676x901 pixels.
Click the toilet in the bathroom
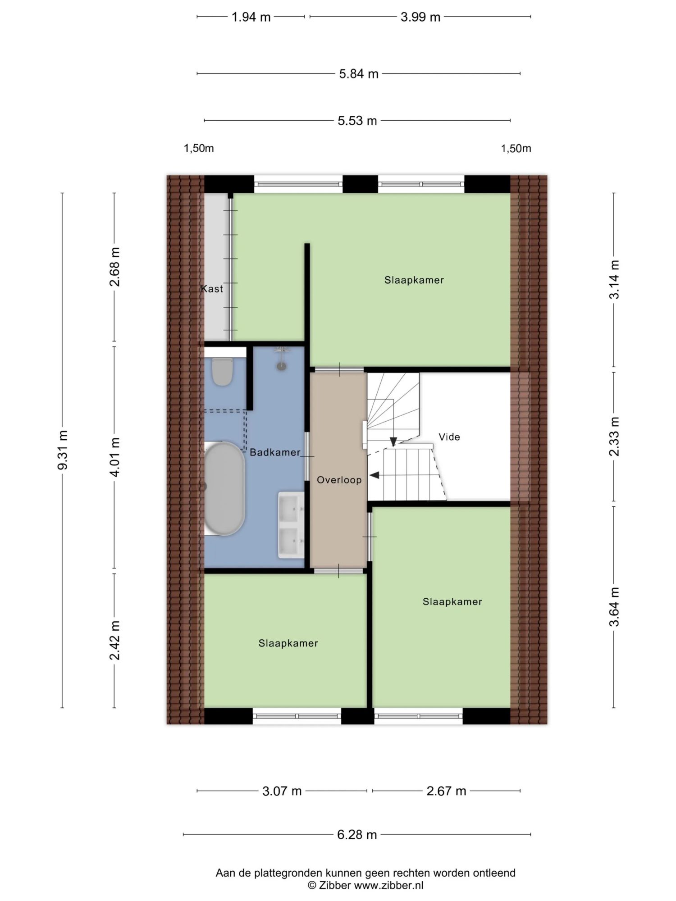[x=222, y=371]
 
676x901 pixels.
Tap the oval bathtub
[x=224, y=488]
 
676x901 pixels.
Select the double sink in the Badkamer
[x=291, y=525]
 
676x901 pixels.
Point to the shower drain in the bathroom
[x=282, y=367]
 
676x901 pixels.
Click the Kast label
[x=212, y=289]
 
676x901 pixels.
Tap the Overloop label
[x=339, y=480]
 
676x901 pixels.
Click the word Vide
[x=449, y=437]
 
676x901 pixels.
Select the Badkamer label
[x=275, y=452]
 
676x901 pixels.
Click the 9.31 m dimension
[x=63, y=450]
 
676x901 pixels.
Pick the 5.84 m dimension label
[x=359, y=74]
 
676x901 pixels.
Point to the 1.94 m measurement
[x=251, y=17]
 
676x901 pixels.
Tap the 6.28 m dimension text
[x=357, y=835]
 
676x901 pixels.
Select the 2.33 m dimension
[x=614, y=436]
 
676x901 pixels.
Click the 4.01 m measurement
[x=115, y=457]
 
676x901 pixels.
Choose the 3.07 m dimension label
[x=282, y=791]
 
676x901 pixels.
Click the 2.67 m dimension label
[x=446, y=791]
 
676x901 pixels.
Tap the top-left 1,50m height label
[x=199, y=149]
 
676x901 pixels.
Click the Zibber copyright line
[x=365, y=885]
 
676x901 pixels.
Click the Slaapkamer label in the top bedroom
[x=414, y=280]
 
